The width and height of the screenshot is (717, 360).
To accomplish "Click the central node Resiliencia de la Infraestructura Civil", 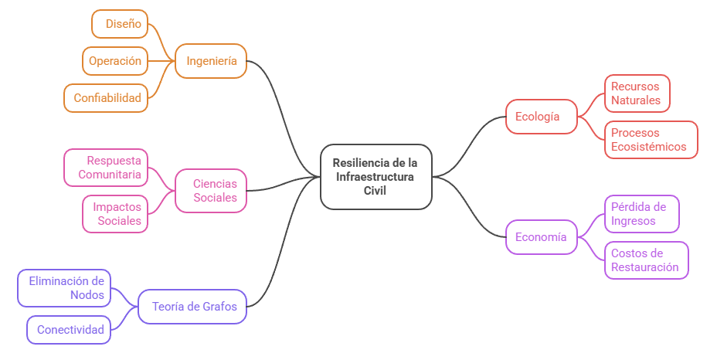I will point(375,176).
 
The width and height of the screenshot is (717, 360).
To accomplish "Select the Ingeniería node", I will point(211,61).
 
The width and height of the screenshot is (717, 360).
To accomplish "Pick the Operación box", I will point(114,61).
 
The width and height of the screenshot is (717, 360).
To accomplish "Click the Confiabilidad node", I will point(107,98).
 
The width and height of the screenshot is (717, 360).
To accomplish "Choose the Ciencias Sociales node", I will point(210,191).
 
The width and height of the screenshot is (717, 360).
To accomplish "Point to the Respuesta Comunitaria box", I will point(106,168).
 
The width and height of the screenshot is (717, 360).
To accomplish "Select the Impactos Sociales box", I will point(116,214).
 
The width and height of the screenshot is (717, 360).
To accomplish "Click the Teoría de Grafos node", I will point(192,307).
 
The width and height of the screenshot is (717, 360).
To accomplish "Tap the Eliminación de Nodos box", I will point(64,288).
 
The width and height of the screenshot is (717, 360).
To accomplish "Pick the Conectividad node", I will point(69,330).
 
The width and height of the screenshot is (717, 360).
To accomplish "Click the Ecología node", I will point(542,117).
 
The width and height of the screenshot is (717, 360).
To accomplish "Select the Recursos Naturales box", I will point(636,93).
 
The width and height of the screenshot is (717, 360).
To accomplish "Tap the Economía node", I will point(541,237).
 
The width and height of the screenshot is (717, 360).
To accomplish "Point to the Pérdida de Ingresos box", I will point(641,214).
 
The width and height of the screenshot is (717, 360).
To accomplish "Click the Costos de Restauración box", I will point(645,260).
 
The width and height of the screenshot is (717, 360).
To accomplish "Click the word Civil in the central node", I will point(375,190).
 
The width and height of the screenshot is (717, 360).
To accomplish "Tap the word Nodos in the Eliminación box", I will point(87,295).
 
